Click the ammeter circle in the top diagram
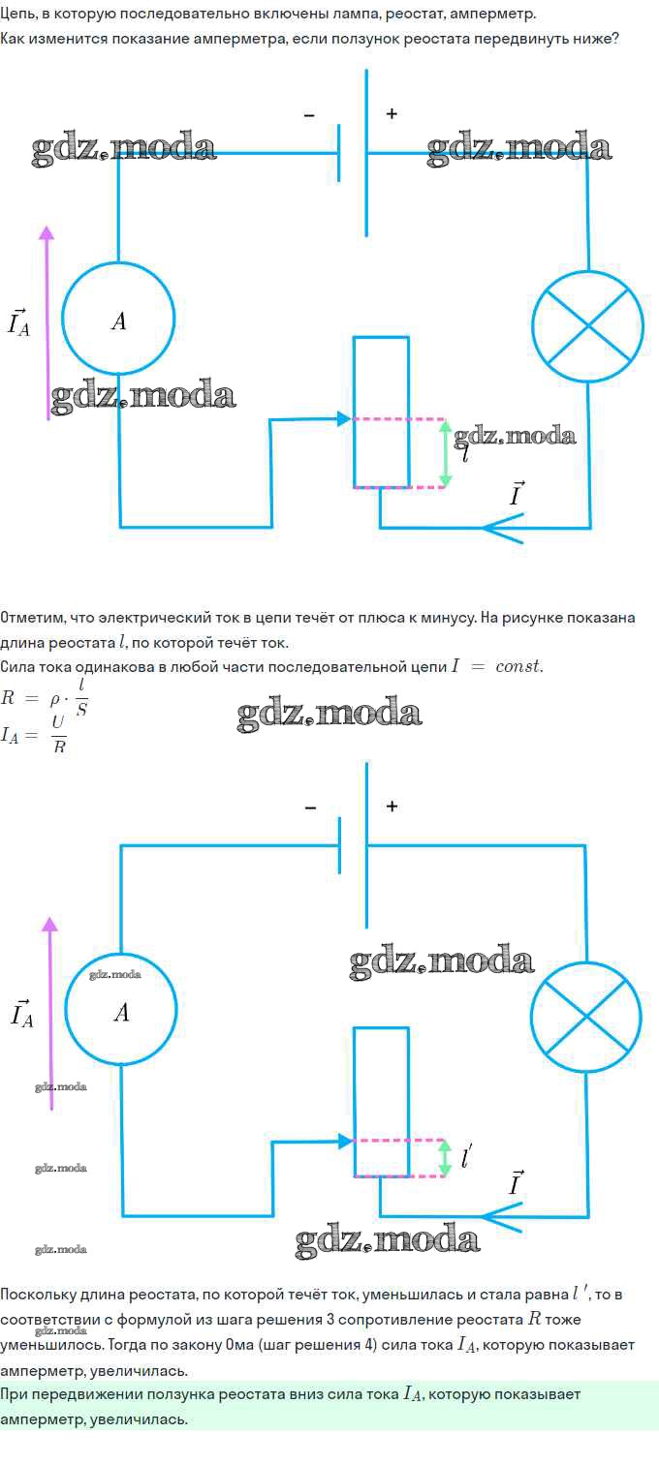pos(63,319)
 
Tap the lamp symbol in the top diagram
pos(587,325)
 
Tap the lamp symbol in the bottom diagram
pos(585,1017)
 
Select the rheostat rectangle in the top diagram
pos(354,412)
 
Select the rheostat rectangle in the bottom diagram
pos(354,1101)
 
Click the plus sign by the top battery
pos(392,113)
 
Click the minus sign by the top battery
pos(309,115)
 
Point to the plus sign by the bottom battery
pos(392,806)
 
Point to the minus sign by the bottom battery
pos(310,808)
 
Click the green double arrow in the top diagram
pos(445,453)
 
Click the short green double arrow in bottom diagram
pos(445,1157)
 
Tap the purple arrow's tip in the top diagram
pos(47,227)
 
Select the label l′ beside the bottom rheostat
pos(466,1156)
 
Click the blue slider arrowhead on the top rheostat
pos(344,418)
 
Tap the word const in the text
pos(518,666)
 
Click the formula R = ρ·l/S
pos(45,697)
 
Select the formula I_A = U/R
pos(33,735)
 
